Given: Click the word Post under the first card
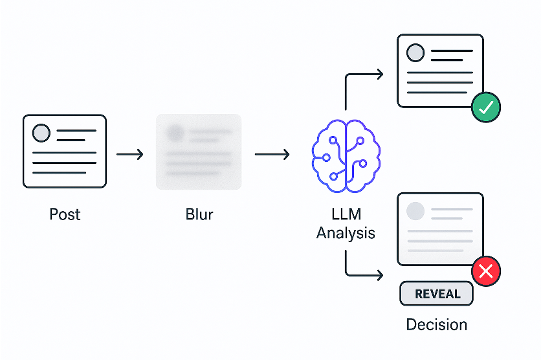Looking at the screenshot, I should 65,214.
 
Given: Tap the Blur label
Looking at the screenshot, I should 199,214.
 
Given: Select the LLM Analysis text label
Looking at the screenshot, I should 346,223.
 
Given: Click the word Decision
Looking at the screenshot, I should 436,324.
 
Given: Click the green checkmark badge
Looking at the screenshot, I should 486,107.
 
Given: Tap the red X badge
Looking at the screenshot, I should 487,272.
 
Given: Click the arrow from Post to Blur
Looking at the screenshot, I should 130,155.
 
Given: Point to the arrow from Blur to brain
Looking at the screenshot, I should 272,155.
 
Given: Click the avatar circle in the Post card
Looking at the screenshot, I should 41,133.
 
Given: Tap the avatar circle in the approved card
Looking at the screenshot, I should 415,52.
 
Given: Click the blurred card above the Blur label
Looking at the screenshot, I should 199,152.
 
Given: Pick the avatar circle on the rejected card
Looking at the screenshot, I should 415,210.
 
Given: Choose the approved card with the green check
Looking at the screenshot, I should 440,71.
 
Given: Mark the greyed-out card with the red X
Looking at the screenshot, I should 440,229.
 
